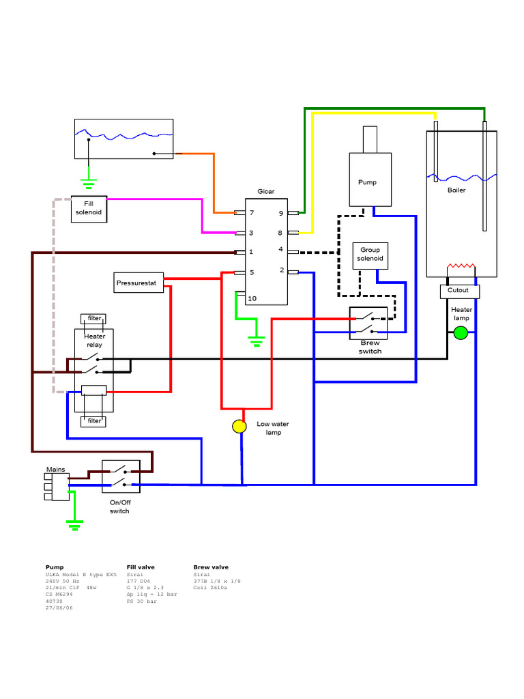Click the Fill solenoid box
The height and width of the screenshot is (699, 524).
(x=89, y=208)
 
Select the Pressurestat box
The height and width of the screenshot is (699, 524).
(x=139, y=282)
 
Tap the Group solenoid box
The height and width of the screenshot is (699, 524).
(x=370, y=255)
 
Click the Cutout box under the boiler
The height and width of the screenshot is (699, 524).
(x=459, y=291)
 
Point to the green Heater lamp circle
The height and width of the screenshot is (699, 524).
(x=461, y=333)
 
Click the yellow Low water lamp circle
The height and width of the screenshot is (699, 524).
(x=239, y=427)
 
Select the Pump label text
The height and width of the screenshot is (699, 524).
(x=367, y=182)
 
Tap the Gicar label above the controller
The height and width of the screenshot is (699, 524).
(x=266, y=192)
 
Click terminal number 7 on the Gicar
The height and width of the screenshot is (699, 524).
(x=251, y=213)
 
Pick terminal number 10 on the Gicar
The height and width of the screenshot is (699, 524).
(x=252, y=298)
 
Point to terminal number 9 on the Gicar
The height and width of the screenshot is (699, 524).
(x=280, y=213)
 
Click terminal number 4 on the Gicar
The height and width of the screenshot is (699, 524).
(x=280, y=250)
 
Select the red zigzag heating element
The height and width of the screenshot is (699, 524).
(x=461, y=266)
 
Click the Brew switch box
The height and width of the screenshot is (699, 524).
(x=368, y=323)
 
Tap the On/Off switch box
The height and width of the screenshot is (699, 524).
(x=121, y=476)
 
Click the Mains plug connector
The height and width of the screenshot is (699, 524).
(x=59, y=487)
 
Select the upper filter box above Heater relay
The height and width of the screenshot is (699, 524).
(x=93, y=318)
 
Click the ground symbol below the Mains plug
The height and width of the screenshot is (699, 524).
(x=74, y=524)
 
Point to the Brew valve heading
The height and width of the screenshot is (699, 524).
(x=211, y=567)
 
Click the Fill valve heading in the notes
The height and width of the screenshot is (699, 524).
(x=141, y=567)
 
